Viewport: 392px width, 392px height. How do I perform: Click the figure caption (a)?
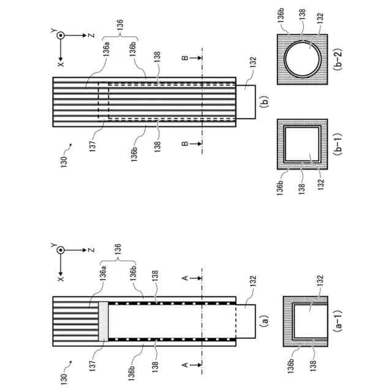point(264,319)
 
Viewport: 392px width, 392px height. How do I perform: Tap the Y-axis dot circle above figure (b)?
point(61,36)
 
